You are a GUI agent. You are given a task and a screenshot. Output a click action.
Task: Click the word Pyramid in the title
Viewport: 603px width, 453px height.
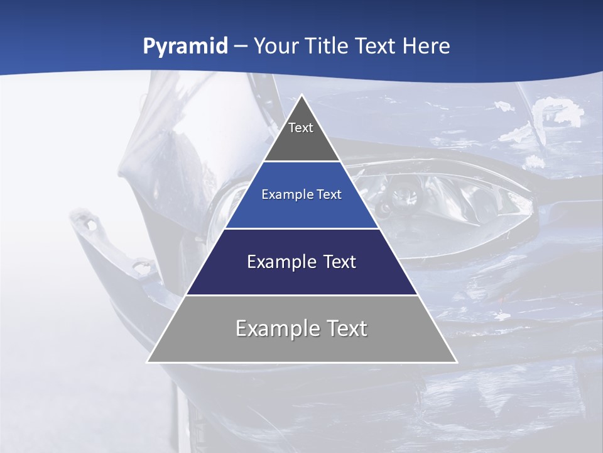[185, 46]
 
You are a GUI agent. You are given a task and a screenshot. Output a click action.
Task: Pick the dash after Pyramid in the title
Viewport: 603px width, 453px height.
[241, 47]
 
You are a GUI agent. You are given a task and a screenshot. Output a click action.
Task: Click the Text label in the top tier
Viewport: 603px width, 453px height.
[301, 128]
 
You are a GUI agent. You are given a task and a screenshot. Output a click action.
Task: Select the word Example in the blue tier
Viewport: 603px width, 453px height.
[286, 194]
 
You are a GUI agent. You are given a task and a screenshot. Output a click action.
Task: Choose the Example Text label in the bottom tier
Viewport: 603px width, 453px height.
[301, 328]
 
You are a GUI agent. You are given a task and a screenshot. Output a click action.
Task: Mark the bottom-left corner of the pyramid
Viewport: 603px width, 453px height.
[148, 362]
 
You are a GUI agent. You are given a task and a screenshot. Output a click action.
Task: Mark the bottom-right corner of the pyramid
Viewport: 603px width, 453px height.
[457, 362]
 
